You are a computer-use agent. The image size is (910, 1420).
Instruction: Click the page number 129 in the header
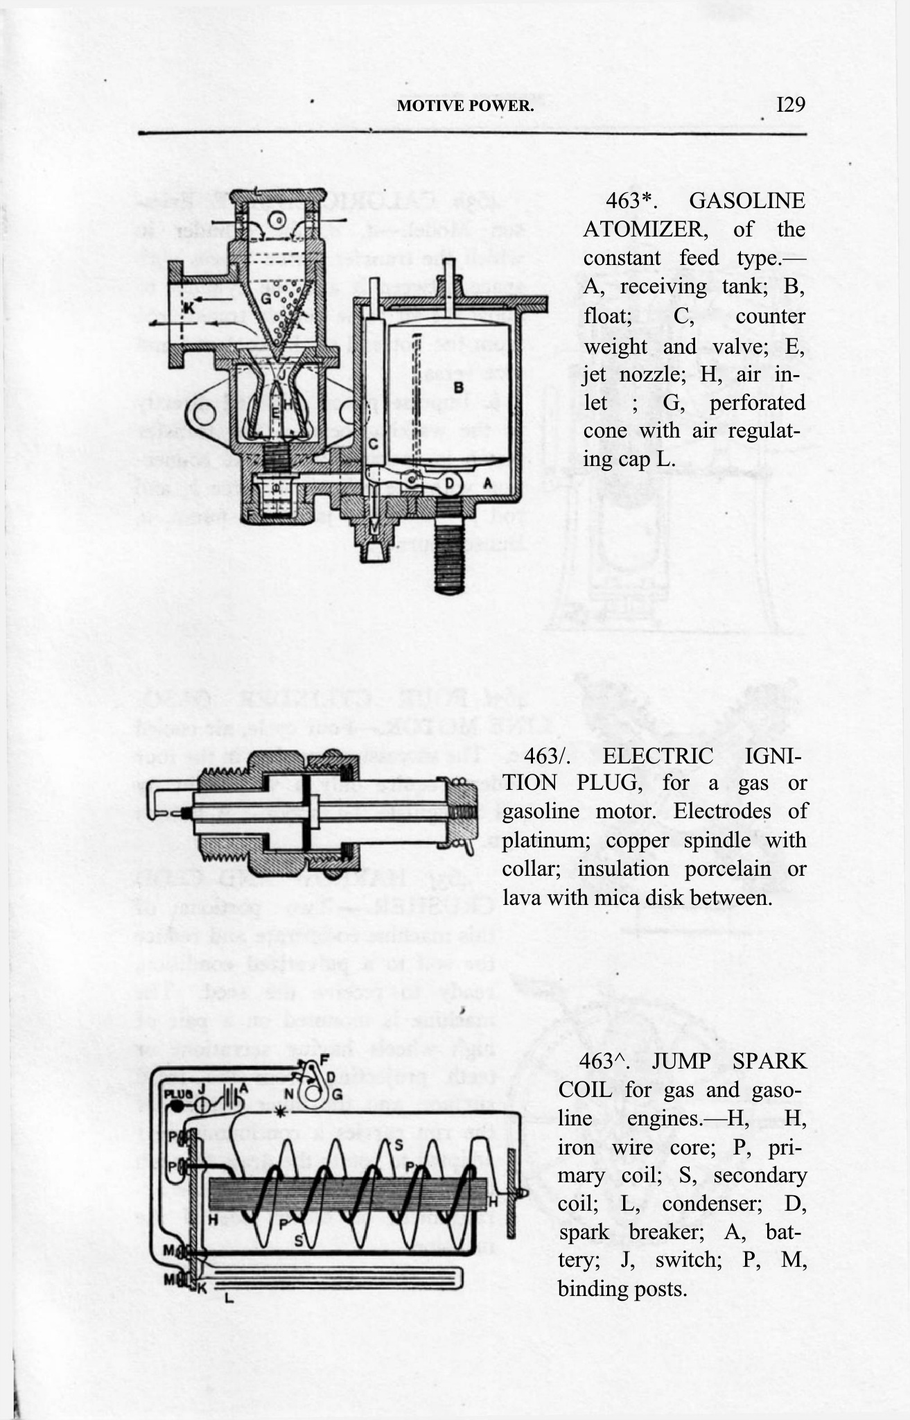click(789, 105)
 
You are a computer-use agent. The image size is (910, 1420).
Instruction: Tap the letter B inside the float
click(457, 386)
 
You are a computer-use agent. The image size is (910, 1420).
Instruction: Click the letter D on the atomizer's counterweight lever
click(450, 483)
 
